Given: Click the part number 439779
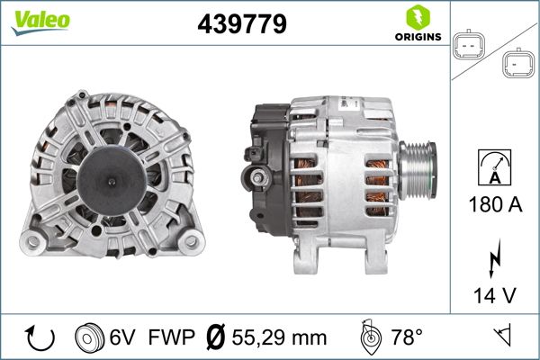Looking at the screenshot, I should click(241, 25).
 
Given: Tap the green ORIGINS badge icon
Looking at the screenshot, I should click(416, 18).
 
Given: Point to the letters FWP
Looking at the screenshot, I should click(170, 338).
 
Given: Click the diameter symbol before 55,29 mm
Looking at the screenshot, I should click(215, 338).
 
